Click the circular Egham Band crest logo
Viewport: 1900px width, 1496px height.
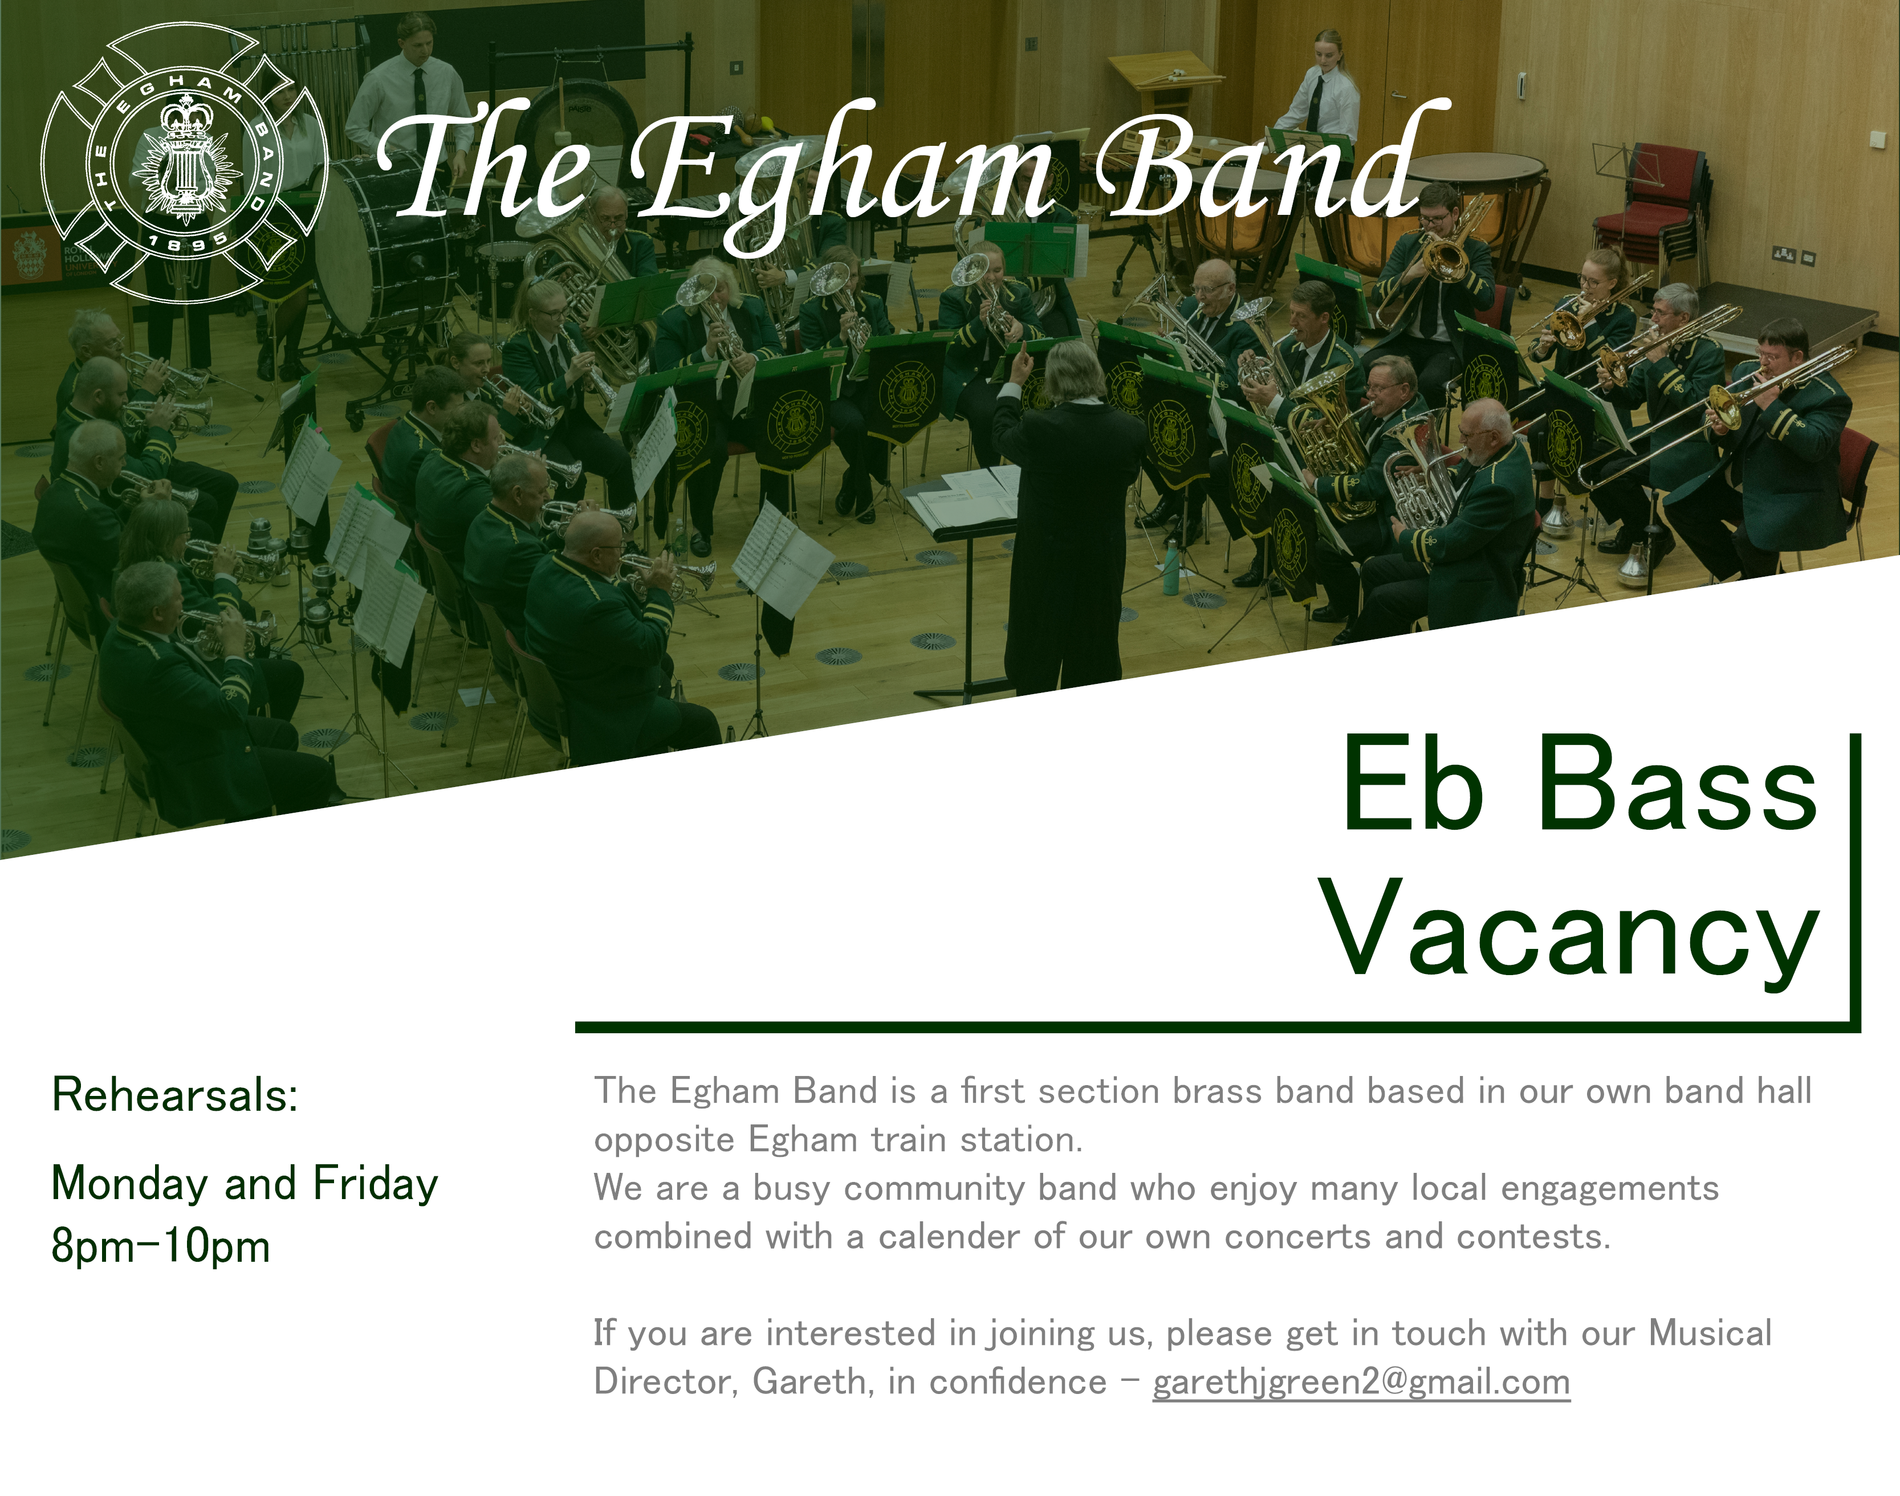pos(185,163)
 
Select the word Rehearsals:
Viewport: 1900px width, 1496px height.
pos(175,1095)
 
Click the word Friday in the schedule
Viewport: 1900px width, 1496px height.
pos(376,1183)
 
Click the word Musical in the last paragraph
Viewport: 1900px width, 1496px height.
pos(1710,1333)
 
